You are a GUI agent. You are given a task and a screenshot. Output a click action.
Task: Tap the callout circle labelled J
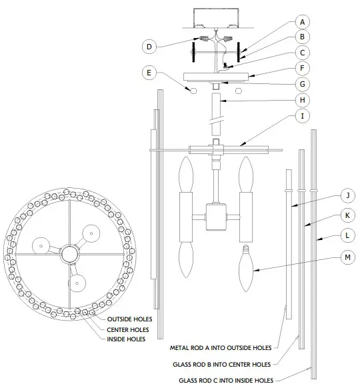346,196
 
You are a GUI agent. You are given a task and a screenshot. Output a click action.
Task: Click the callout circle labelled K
346,216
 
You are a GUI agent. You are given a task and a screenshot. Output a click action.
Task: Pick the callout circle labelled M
346,256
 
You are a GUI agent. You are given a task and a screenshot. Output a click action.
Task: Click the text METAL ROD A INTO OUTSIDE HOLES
221,348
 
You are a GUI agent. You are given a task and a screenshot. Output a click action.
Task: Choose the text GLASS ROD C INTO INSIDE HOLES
229,380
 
